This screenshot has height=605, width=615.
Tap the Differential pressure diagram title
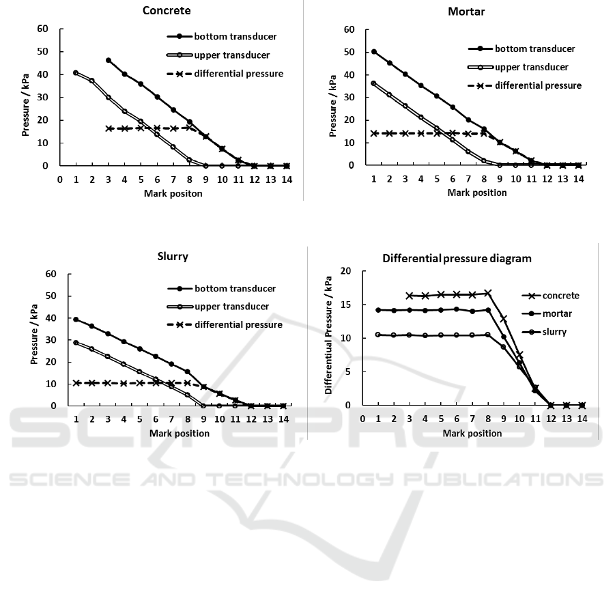click(x=456, y=258)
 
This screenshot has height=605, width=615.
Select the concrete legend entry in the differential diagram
click(x=560, y=296)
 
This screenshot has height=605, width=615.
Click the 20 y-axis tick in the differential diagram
click(x=345, y=271)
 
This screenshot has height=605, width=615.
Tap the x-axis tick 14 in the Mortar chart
click(x=578, y=179)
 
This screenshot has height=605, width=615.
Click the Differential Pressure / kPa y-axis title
click(x=328, y=338)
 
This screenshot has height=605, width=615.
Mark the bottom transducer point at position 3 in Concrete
click(x=109, y=60)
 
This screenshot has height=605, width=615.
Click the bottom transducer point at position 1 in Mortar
click(x=373, y=51)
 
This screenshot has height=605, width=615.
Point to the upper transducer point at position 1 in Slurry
click(x=76, y=342)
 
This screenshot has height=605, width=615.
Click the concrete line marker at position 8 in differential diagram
click(x=487, y=293)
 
